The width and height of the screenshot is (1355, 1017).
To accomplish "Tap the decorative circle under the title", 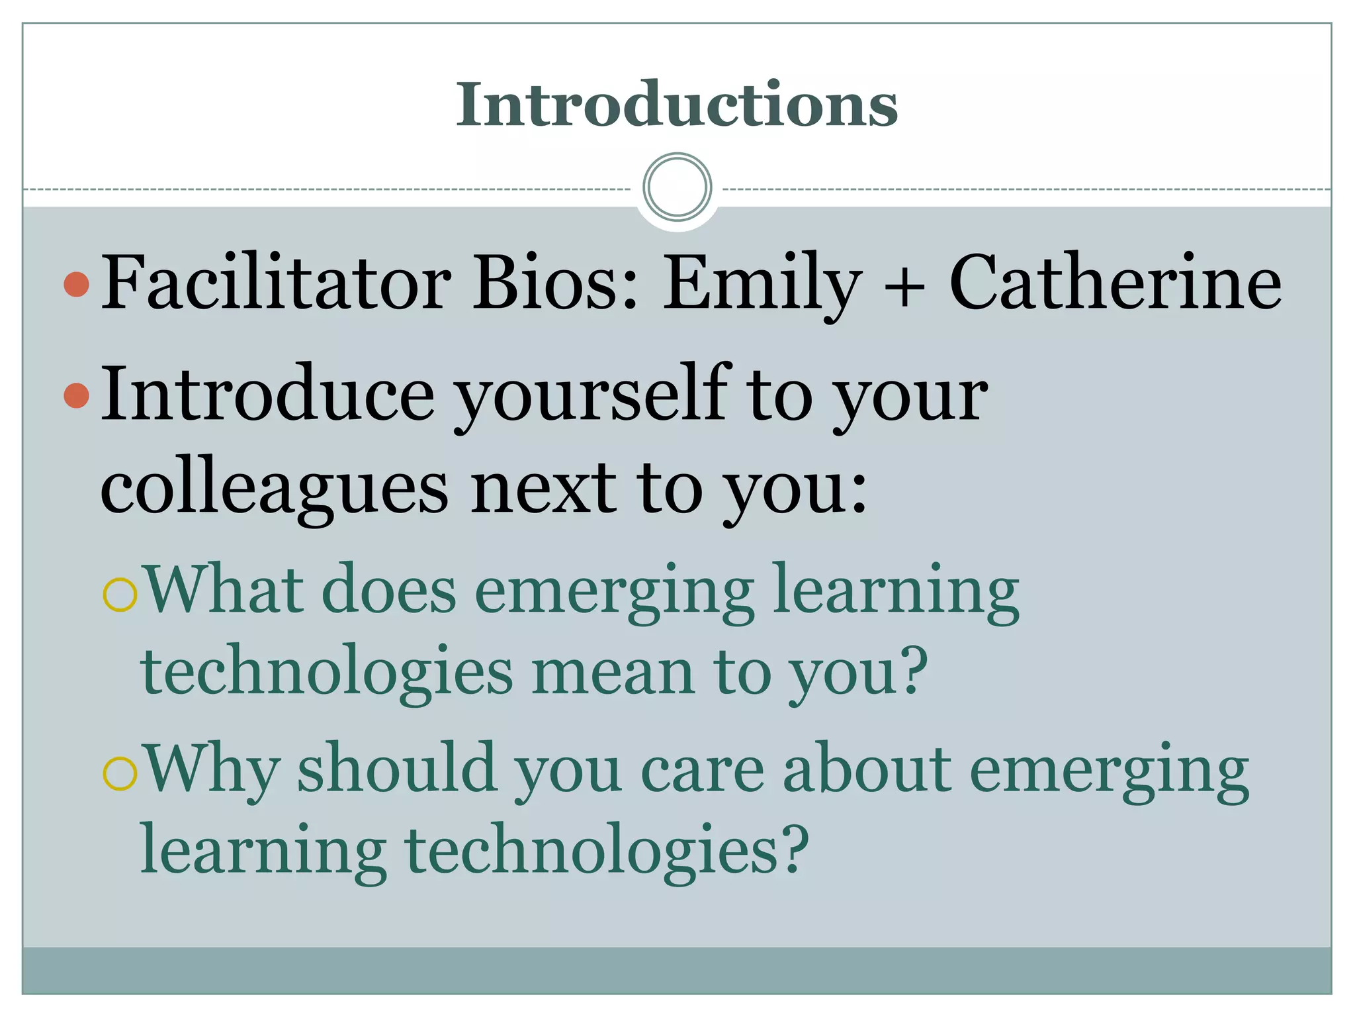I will click(677, 187).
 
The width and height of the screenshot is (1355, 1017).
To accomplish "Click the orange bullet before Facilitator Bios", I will click(77, 284).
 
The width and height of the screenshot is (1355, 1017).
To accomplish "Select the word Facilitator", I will click(276, 283).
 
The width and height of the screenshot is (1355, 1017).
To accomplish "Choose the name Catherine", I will click(1115, 283).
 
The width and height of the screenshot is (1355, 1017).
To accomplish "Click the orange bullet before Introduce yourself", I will click(77, 396).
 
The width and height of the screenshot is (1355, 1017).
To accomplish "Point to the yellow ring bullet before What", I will click(120, 595).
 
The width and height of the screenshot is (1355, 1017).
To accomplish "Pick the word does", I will click(388, 589).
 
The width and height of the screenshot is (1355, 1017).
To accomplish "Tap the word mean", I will click(613, 671).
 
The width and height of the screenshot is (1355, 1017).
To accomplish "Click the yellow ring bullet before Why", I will click(120, 773).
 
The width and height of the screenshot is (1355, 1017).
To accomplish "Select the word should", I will click(396, 768).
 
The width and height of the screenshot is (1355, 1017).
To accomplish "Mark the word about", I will click(867, 768).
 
